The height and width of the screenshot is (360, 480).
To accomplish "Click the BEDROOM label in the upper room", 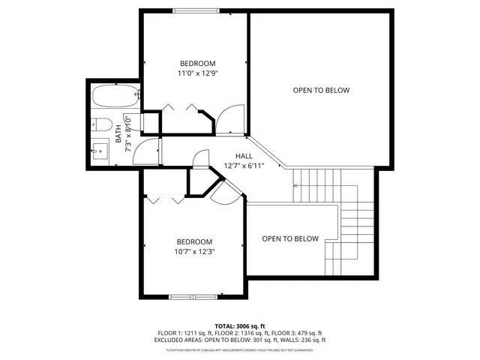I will [x=198, y=63].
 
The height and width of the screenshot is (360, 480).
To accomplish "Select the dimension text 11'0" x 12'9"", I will [x=198, y=73].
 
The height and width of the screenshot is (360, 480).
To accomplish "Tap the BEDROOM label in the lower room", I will [x=195, y=241].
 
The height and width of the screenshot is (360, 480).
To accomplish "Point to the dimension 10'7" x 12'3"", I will [x=195, y=252].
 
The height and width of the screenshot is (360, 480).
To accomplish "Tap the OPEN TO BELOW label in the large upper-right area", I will [x=321, y=91].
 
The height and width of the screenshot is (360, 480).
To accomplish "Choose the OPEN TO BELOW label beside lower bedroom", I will [x=289, y=239].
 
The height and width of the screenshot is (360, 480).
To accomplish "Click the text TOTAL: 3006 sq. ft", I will [x=240, y=326].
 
